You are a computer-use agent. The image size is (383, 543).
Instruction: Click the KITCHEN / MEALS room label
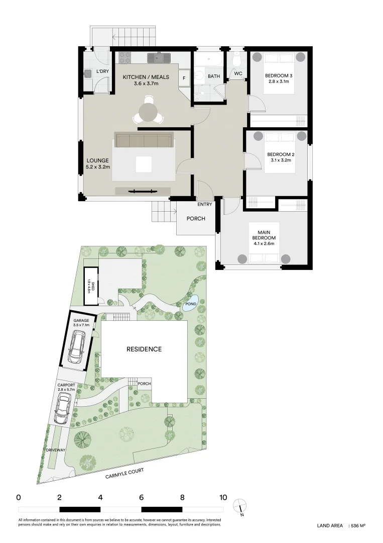pyautogui.click(x=146, y=77)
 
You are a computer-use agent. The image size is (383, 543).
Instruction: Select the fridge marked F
pyautogui.click(x=184, y=78)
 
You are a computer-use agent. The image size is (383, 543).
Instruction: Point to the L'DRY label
pyautogui.click(x=102, y=72)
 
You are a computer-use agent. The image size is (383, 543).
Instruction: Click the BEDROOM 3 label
pyautogui.click(x=279, y=76)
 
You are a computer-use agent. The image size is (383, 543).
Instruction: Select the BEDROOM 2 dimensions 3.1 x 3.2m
pyautogui.click(x=279, y=160)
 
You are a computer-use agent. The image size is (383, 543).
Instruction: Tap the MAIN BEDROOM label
pyautogui.click(x=264, y=234)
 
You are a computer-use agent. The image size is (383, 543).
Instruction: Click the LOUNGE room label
pyautogui.click(x=97, y=160)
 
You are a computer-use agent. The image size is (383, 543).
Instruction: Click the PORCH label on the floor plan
pyautogui.click(x=195, y=219)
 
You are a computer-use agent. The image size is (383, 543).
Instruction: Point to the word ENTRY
pyautogui.click(x=205, y=204)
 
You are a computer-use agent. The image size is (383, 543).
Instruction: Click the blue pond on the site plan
pyautogui.click(x=190, y=304)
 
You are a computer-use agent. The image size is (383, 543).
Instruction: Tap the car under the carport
pyautogui.click(x=63, y=408)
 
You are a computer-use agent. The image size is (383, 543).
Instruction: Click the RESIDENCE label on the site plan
pyautogui.click(x=144, y=349)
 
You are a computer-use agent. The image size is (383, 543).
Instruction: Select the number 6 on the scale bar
pyautogui.click(x=142, y=498)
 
